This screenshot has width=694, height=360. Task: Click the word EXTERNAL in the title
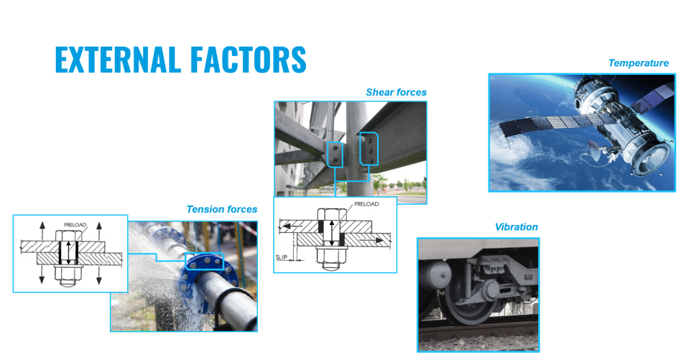[118, 60]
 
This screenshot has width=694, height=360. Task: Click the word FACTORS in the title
[249, 60]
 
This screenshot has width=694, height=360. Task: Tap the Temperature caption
[638, 63]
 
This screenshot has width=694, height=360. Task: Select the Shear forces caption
[396, 93]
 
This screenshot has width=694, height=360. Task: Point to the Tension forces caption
[222, 209]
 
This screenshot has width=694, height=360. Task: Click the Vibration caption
[516, 227]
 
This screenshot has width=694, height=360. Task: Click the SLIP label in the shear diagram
[282, 257]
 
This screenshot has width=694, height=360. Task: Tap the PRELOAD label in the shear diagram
[366, 204]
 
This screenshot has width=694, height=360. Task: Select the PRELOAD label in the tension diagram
[75, 225]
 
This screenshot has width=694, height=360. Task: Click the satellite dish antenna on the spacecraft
[595, 151]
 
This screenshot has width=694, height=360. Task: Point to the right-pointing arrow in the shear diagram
[369, 241]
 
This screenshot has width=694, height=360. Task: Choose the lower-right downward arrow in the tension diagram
[99, 274]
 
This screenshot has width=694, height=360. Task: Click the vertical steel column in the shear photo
[357, 149]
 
